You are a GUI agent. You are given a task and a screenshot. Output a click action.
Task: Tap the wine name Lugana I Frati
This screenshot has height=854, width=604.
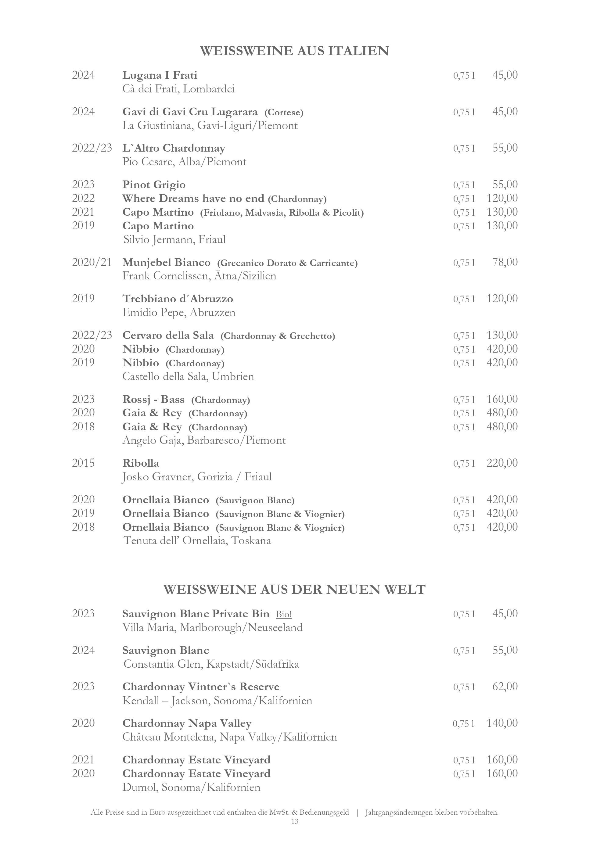(x=160, y=75)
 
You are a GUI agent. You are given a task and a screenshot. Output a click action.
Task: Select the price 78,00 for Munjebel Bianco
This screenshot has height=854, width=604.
(x=505, y=262)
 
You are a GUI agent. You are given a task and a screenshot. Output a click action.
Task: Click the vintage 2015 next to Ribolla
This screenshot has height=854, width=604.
(x=83, y=463)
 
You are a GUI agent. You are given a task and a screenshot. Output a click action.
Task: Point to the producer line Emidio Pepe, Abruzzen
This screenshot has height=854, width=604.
(x=179, y=312)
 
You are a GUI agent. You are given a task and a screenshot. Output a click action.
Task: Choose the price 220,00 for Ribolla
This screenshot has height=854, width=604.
(x=502, y=463)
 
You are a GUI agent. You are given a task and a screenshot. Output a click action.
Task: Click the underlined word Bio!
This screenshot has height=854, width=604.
(x=284, y=614)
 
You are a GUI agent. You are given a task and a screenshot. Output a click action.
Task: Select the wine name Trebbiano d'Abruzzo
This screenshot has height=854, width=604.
(x=178, y=299)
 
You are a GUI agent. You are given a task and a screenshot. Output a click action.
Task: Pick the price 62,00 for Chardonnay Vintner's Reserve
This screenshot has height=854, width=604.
(x=505, y=687)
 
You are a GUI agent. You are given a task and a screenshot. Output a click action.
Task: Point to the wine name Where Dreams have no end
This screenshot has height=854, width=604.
(x=193, y=198)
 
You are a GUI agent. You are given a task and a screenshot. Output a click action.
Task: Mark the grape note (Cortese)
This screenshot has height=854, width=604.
(x=284, y=112)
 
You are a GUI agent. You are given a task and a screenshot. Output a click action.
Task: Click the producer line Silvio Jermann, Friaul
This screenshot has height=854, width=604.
(x=174, y=239)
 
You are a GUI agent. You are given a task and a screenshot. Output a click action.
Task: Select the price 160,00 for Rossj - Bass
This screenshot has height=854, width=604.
(x=502, y=400)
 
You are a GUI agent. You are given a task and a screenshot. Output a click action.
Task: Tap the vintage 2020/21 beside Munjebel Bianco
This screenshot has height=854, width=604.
(x=92, y=262)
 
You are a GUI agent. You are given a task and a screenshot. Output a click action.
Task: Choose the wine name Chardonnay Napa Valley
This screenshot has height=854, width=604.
(x=187, y=723)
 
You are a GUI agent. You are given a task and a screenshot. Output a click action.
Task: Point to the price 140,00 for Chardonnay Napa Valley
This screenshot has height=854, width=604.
(x=502, y=723)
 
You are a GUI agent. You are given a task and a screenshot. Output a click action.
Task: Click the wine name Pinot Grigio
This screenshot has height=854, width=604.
(x=154, y=185)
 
